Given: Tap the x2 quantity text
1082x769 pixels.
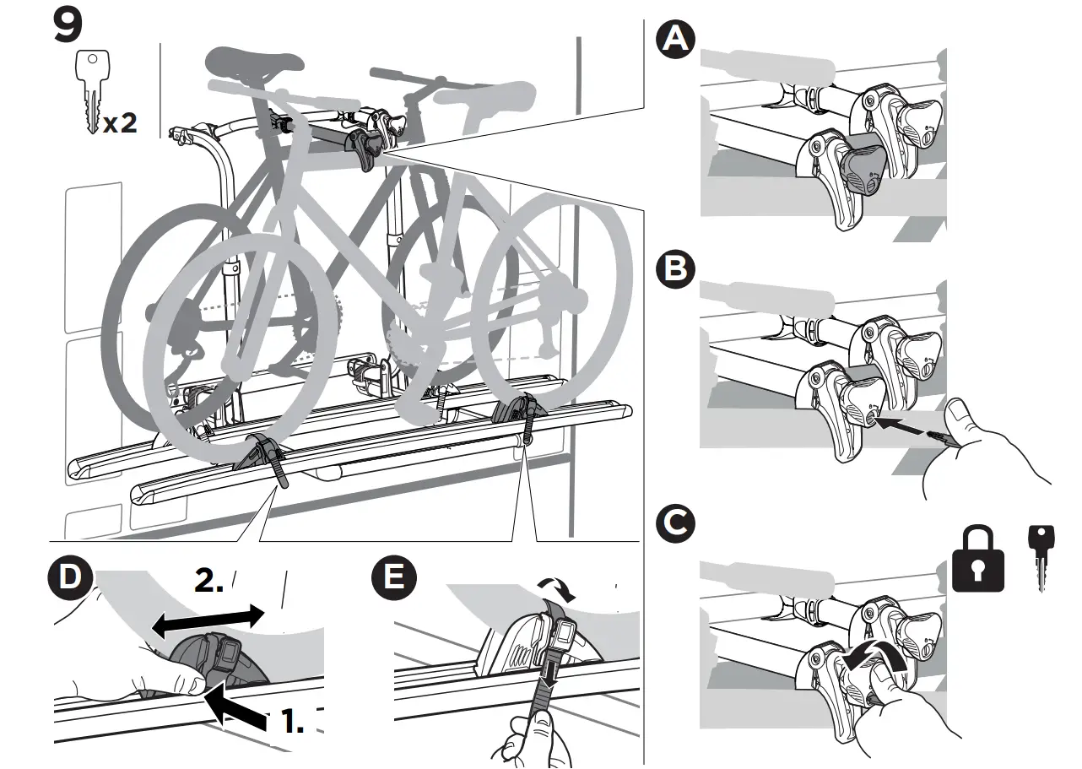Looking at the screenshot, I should [119, 124].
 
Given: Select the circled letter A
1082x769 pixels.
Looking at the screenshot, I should [676, 41].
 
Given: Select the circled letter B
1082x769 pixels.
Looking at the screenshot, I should [676, 270].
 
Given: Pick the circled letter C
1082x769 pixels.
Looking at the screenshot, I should [676, 523].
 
